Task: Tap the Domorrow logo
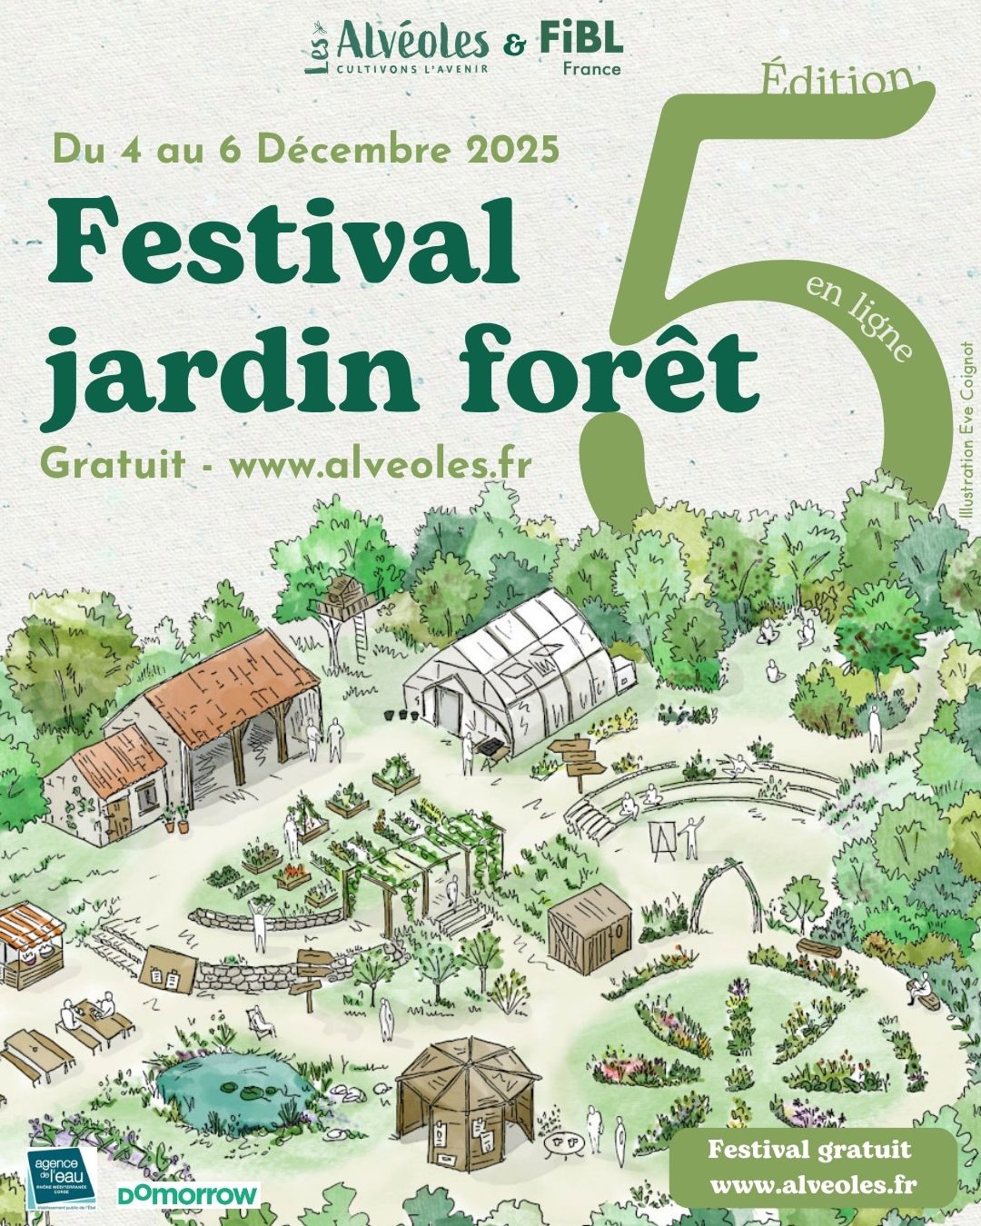pyautogui.click(x=188, y=1194)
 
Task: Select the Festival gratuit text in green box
pyautogui.click(x=808, y=1150)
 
